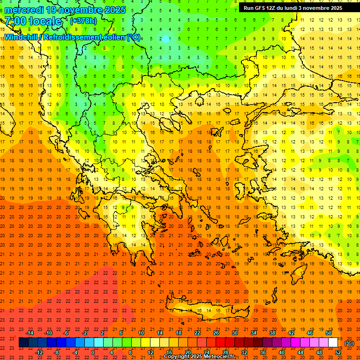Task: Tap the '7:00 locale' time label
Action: click(33, 21)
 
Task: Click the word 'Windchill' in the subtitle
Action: click(22, 37)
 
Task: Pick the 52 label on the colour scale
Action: click(338, 352)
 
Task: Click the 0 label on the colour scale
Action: click(93, 352)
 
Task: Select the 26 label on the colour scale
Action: click(216, 333)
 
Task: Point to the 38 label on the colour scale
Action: click(272, 333)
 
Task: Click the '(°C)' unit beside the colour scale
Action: click(349, 343)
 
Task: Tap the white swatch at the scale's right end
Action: click(333, 343)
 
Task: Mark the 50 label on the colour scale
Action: click(328, 333)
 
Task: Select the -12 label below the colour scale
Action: click(39, 352)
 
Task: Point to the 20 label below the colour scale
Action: click(187, 352)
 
